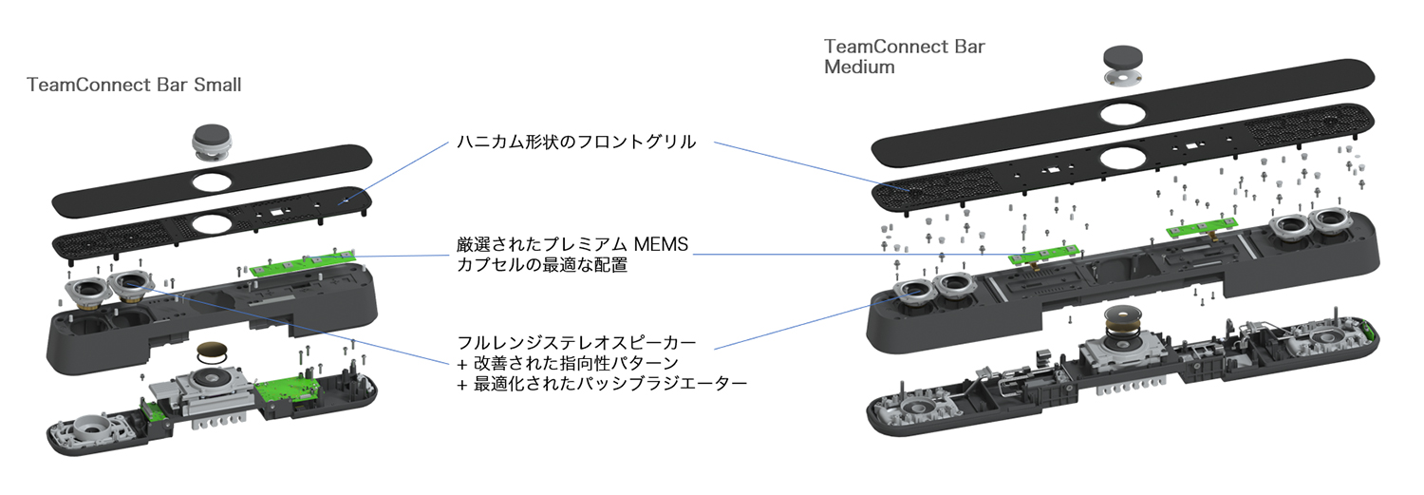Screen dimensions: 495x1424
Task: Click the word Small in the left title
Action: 217,85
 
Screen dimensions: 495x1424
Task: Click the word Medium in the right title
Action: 859,67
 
